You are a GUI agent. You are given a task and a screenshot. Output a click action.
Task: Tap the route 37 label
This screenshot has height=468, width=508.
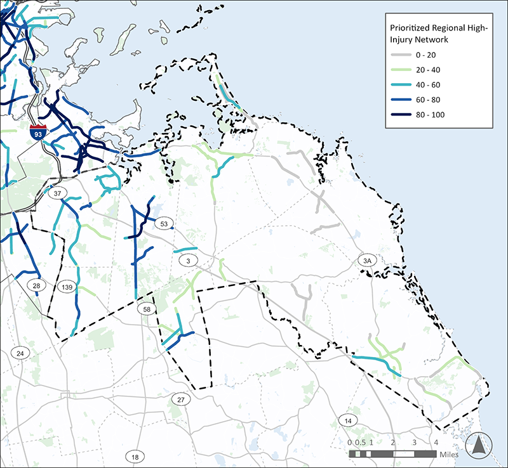click(58, 193)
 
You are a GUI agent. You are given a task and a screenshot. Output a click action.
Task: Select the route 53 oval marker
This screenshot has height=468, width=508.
click(164, 224)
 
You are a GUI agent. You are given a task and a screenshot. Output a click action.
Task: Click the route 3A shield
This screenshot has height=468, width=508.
click(366, 261)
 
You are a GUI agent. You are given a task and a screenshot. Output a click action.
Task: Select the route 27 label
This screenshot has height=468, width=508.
click(181, 400)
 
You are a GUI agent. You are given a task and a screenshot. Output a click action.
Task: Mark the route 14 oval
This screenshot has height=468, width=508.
click(347, 421)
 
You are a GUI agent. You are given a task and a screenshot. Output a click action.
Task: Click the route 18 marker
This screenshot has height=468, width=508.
click(135, 457)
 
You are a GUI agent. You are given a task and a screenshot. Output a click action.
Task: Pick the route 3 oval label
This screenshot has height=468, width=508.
click(188, 261)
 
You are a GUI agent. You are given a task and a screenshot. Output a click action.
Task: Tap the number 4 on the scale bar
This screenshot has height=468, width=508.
click(436, 442)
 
